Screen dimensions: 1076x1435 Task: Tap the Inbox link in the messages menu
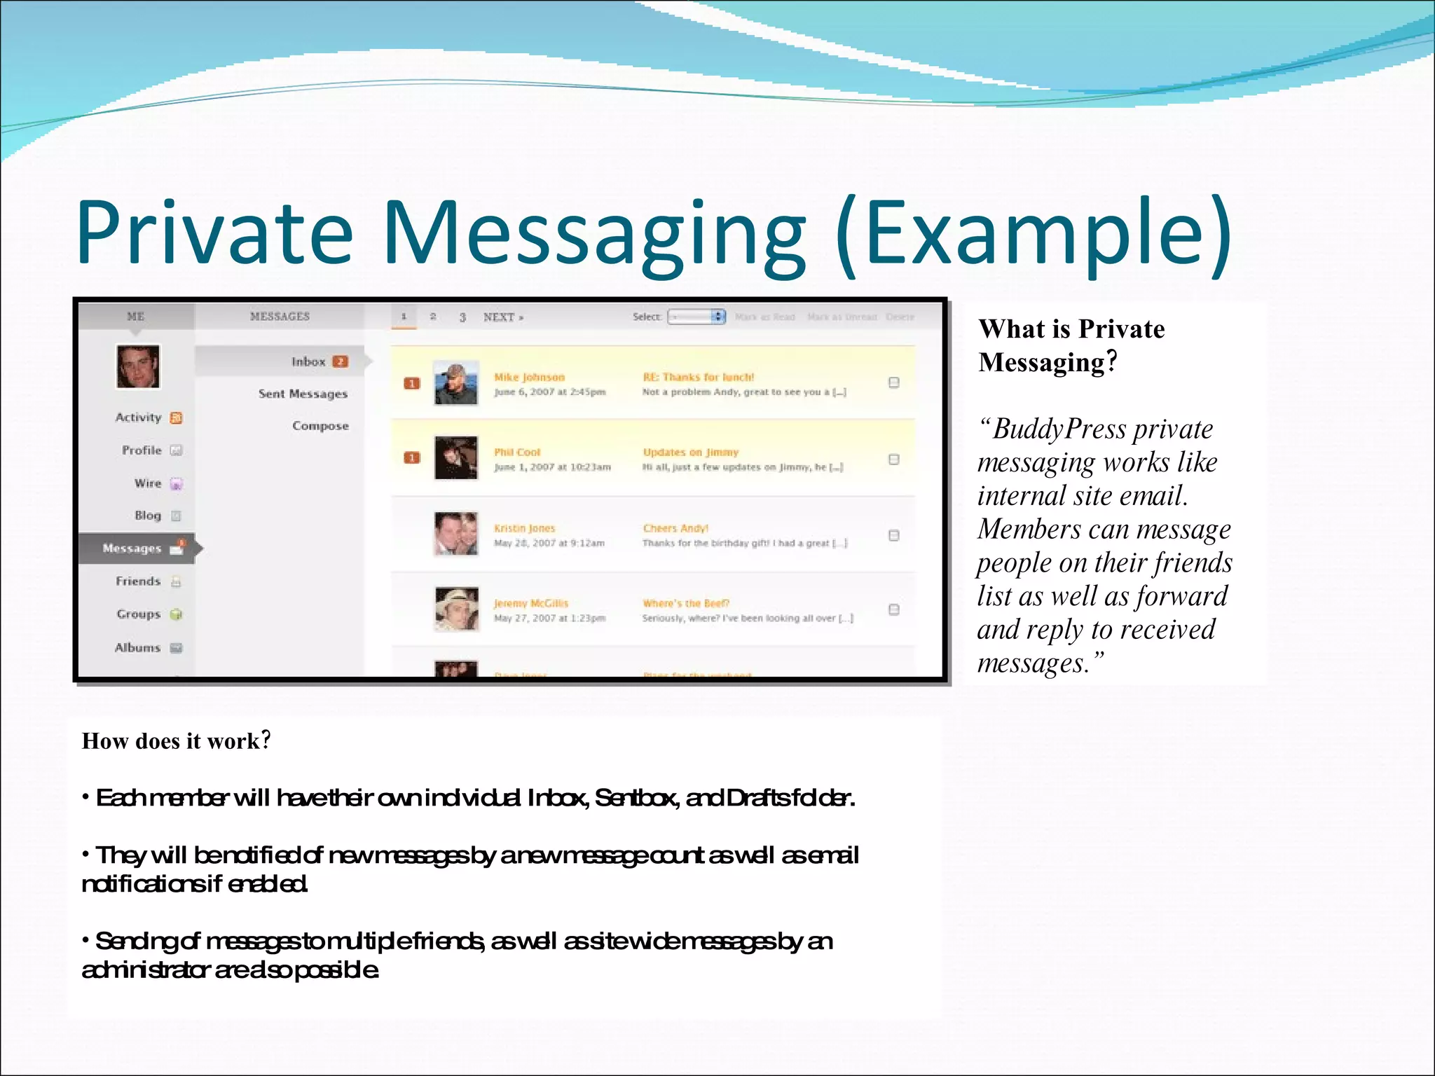click(x=309, y=361)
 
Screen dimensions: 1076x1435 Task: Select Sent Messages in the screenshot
click(x=303, y=394)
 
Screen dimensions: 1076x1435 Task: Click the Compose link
click(x=320, y=426)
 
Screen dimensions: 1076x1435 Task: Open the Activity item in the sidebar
click(x=139, y=418)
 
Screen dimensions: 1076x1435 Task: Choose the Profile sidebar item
click(x=142, y=450)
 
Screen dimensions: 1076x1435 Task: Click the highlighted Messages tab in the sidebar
click(x=132, y=549)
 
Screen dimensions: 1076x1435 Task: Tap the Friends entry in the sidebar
click(x=138, y=581)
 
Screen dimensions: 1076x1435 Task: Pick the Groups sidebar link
click(x=139, y=614)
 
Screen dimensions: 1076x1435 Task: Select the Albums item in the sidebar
click(x=138, y=648)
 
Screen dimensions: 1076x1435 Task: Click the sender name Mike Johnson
click(x=529, y=378)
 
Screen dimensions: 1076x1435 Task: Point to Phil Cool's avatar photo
click(x=455, y=458)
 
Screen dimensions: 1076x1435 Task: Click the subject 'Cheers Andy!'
click(x=675, y=528)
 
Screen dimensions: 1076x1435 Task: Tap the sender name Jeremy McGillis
click(x=531, y=603)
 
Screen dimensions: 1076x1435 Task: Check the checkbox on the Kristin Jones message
click(x=894, y=536)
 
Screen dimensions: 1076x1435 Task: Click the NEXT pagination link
click(x=503, y=317)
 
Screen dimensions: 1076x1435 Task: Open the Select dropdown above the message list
click(x=696, y=317)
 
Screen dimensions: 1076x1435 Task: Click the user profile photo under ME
click(x=138, y=366)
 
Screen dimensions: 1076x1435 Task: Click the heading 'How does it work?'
click(x=176, y=741)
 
